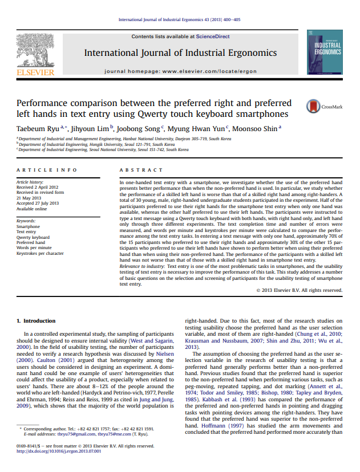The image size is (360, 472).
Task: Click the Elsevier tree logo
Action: point(35,52)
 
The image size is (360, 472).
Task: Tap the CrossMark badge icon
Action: point(313,106)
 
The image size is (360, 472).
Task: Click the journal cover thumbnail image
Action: point(325,52)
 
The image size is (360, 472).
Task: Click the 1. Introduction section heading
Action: point(36,320)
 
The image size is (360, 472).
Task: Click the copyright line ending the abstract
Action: point(299,290)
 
